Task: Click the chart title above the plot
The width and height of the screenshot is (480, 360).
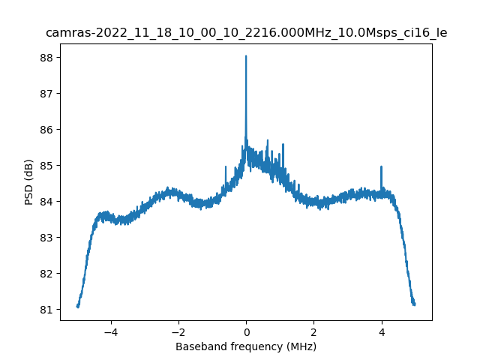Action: tap(246, 33)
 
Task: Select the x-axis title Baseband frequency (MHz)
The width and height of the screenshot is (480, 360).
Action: tap(246, 346)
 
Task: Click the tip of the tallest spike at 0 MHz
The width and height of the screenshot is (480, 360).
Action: tap(246, 56)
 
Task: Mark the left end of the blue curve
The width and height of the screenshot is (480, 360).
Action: tap(77, 306)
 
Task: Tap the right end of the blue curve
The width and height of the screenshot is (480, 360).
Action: tap(414, 304)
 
